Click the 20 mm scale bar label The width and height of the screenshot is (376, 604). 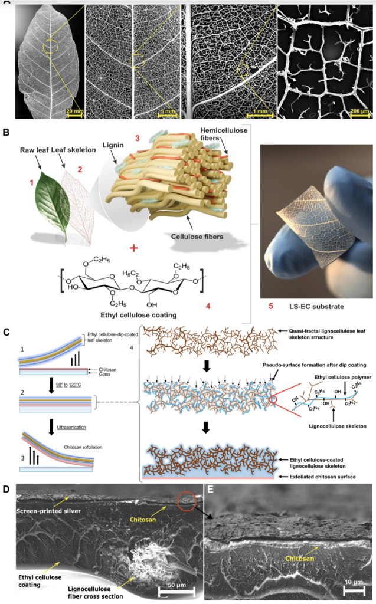74,111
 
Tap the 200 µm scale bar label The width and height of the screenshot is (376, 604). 359,111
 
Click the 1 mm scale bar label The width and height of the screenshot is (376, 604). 260,111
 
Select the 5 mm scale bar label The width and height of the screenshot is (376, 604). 168,111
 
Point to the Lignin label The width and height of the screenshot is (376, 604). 113,145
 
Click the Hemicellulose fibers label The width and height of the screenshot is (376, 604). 224,134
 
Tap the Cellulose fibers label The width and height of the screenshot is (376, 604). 197,237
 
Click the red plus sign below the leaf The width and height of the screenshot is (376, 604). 134,248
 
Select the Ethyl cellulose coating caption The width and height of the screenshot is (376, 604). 139,315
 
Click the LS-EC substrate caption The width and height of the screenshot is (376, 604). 316,306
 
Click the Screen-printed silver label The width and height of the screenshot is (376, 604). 48,511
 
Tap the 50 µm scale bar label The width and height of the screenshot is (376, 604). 176,585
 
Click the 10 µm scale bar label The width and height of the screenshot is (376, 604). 353,582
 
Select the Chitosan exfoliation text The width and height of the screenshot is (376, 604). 83,447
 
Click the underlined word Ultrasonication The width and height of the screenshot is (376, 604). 71,427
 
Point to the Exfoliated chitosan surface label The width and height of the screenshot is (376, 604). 322,477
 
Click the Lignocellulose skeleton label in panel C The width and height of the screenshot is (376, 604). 338,426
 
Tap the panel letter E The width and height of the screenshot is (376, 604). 210,489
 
